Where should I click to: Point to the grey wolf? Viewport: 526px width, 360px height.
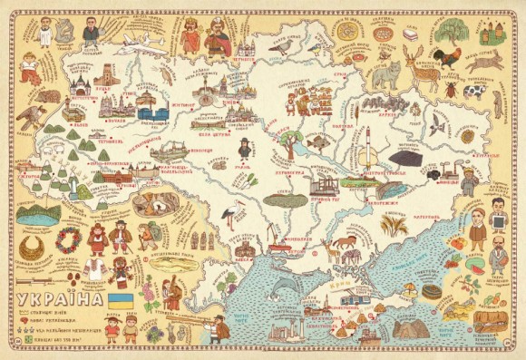click(x=382, y=74)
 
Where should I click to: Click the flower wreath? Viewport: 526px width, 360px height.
click(x=69, y=240)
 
